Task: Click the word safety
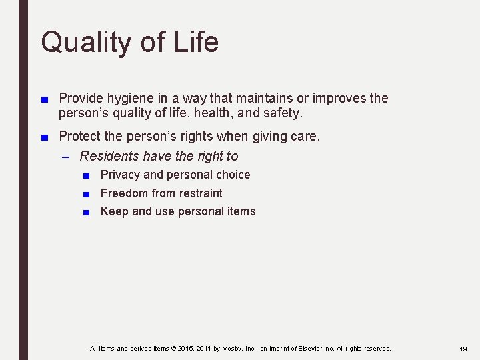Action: point(283,113)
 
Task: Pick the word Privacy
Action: point(120,175)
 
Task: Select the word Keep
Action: point(114,211)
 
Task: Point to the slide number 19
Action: point(463,349)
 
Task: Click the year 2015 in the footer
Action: point(187,349)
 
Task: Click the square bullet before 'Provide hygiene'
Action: point(44,99)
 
